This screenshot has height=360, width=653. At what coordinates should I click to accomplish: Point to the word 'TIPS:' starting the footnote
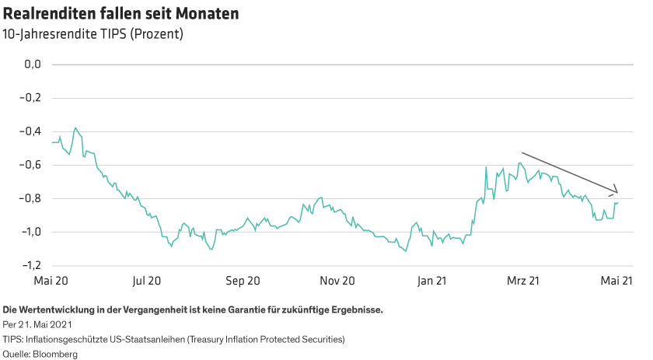(x=13, y=340)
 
